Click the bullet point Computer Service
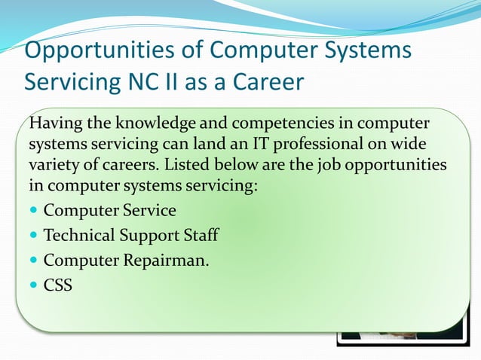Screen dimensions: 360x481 click(x=109, y=210)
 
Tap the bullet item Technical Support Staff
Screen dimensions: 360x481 click(x=131, y=235)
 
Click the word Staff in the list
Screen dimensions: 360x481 click(x=201, y=235)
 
